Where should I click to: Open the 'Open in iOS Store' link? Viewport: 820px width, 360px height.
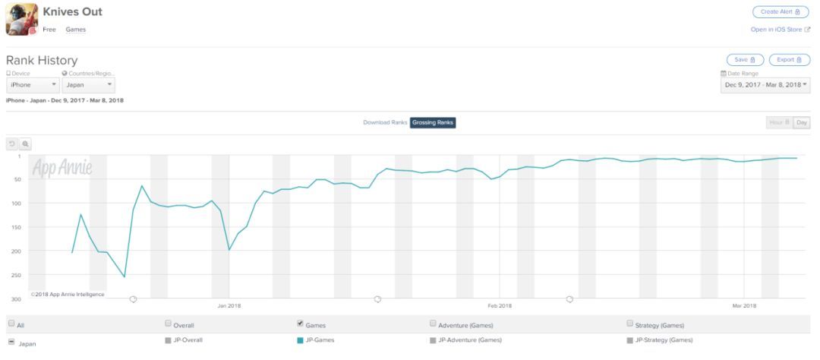click(780, 29)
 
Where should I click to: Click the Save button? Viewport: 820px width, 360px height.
click(745, 59)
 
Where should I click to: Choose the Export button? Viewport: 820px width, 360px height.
click(790, 59)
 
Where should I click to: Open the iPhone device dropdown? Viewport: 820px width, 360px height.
click(33, 85)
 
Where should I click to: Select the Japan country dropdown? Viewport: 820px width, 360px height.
click(88, 85)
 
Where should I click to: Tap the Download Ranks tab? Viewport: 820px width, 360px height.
click(386, 122)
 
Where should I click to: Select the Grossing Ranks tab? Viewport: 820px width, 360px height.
click(433, 122)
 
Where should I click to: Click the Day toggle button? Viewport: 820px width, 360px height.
click(802, 122)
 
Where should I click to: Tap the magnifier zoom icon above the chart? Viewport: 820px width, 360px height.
click(25, 143)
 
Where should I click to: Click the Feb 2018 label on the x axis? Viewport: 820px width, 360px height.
click(500, 305)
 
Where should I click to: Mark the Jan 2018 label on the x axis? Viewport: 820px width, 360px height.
click(229, 305)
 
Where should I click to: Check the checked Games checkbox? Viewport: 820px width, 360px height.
click(300, 324)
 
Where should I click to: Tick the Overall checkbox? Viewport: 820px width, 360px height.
click(168, 324)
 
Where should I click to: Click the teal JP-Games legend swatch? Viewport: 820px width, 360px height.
click(300, 339)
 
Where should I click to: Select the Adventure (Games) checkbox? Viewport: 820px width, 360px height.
click(433, 324)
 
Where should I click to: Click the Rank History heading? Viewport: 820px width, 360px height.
click(42, 60)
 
